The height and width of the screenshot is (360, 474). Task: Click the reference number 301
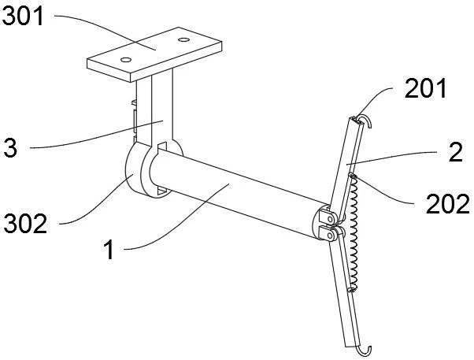(24, 16)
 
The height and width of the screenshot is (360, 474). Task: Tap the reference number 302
(25, 223)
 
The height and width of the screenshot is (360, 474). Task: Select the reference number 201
(425, 88)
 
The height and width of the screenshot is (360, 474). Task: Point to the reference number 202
(448, 204)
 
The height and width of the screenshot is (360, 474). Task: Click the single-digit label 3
(10, 147)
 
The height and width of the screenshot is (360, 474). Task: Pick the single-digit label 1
(109, 249)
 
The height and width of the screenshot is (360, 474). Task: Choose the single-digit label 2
(456, 152)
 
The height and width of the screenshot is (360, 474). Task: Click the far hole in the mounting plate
(183, 39)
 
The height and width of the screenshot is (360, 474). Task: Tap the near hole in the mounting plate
(126, 60)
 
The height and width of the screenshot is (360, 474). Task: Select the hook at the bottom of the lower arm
(365, 351)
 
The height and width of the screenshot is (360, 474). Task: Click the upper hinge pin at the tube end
(331, 218)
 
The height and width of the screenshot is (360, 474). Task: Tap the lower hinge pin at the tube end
(331, 235)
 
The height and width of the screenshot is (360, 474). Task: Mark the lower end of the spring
(351, 290)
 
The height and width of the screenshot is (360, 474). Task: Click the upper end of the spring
(353, 175)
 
